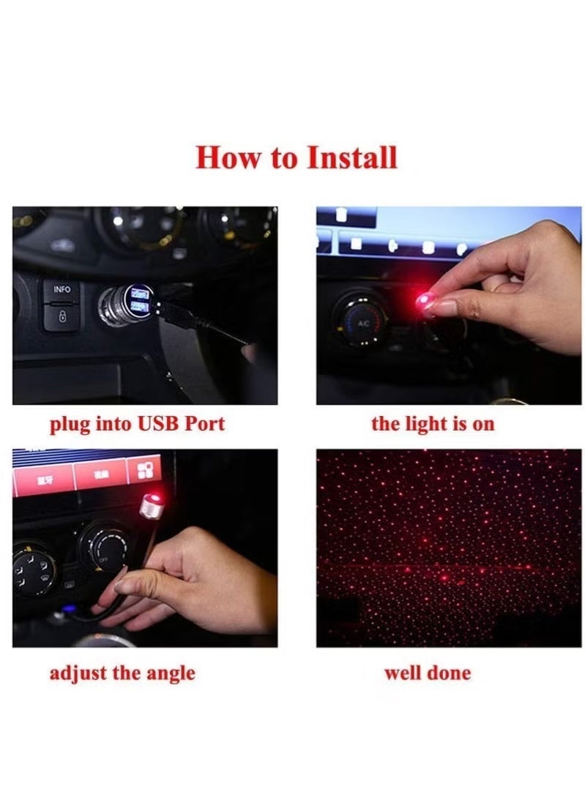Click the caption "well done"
pyautogui.click(x=428, y=672)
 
